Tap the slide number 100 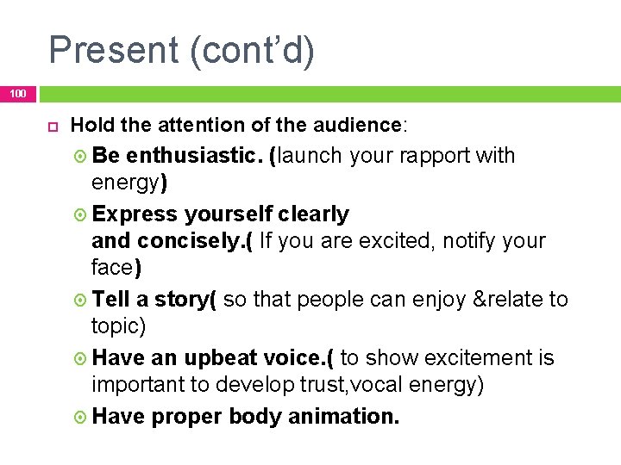click(x=18, y=93)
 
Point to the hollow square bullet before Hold click(x=50, y=126)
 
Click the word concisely click(x=198, y=240)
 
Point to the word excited click(x=395, y=240)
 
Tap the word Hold click(x=94, y=126)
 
